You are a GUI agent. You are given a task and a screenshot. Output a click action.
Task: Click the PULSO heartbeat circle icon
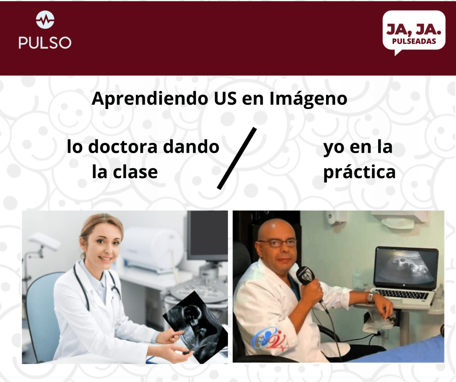point(45,20)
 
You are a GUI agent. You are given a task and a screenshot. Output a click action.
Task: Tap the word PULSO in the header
point(45,43)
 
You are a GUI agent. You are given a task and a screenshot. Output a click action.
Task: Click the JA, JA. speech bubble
point(414,32)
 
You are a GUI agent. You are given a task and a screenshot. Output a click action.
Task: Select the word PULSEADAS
point(414,41)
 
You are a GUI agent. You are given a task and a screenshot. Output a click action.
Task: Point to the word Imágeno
point(309,98)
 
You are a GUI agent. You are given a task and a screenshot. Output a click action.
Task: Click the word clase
point(135,172)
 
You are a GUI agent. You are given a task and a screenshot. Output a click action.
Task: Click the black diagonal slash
point(237,158)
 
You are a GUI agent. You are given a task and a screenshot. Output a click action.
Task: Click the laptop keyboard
point(404,294)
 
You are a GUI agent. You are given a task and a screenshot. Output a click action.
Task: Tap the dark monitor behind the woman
point(208,236)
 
